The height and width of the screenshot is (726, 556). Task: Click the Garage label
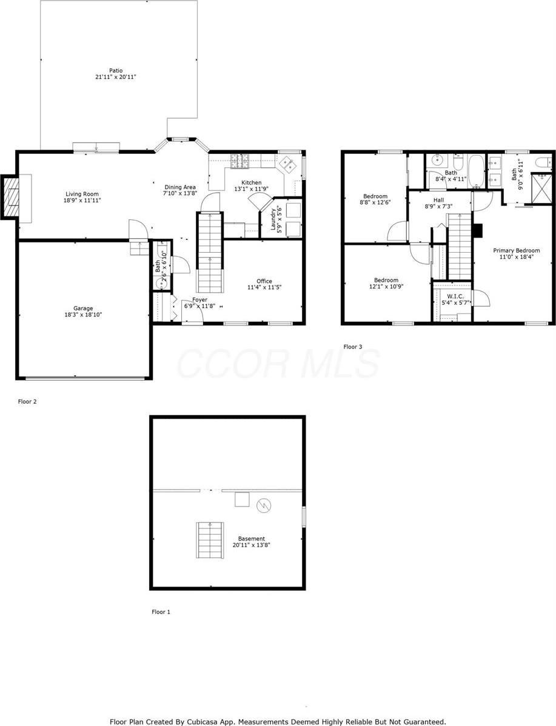[x=83, y=308]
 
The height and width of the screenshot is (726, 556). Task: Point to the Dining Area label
[x=179, y=187]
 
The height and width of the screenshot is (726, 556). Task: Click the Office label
[x=264, y=281]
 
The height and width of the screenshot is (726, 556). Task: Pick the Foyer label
[x=199, y=300]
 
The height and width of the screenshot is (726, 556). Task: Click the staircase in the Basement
[x=210, y=536]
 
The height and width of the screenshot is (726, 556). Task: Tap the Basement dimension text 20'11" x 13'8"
[x=251, y=545]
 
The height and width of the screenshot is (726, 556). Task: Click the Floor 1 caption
[x=161, y=612]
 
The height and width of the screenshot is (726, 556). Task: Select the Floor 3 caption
[x=353, y=347]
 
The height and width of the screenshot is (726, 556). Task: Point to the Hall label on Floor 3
[x=438, y=200]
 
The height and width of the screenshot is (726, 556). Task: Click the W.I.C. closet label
[x=455, y=296]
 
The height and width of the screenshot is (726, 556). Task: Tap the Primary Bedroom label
[x=516, y=250]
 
